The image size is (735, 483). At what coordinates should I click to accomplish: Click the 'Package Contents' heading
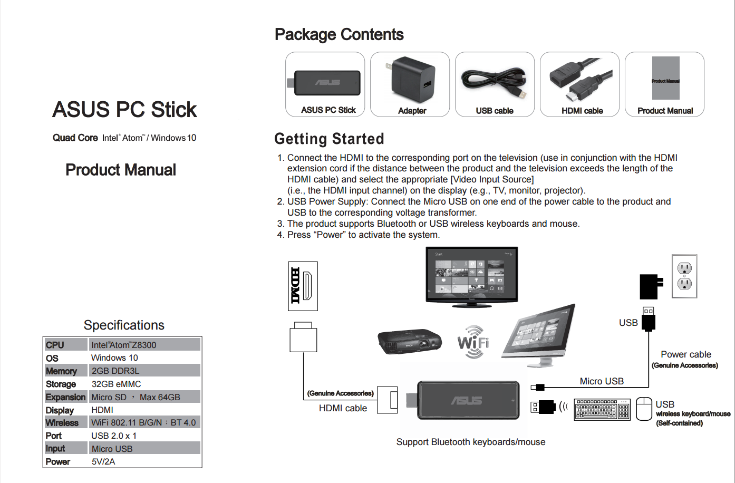tap(339, 35)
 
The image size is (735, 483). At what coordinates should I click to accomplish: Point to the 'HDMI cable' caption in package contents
tap(582, 111)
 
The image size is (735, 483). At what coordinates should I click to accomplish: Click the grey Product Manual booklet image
tap(665, 78)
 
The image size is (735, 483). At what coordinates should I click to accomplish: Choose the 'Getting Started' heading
tap(329, 139)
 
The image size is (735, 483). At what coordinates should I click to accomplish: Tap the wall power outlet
tap(684, 276)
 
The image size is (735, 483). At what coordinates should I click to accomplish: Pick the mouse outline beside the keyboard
tap(644, 409)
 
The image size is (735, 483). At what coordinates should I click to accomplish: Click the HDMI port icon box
tap(303, 286)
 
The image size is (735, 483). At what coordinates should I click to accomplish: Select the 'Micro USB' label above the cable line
tap(602, 381)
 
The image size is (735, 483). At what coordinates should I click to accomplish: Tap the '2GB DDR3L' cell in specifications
tap(115, 371)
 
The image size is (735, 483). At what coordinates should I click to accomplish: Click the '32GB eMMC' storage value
tap(116, 384)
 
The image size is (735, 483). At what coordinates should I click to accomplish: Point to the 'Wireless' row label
tap(62, 423)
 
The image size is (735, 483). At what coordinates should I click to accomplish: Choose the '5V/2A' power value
tap(103, 461)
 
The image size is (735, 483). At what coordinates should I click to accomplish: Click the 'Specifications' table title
tap(124, 325)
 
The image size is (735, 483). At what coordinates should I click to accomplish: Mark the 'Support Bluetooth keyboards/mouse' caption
tap(471, 442)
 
